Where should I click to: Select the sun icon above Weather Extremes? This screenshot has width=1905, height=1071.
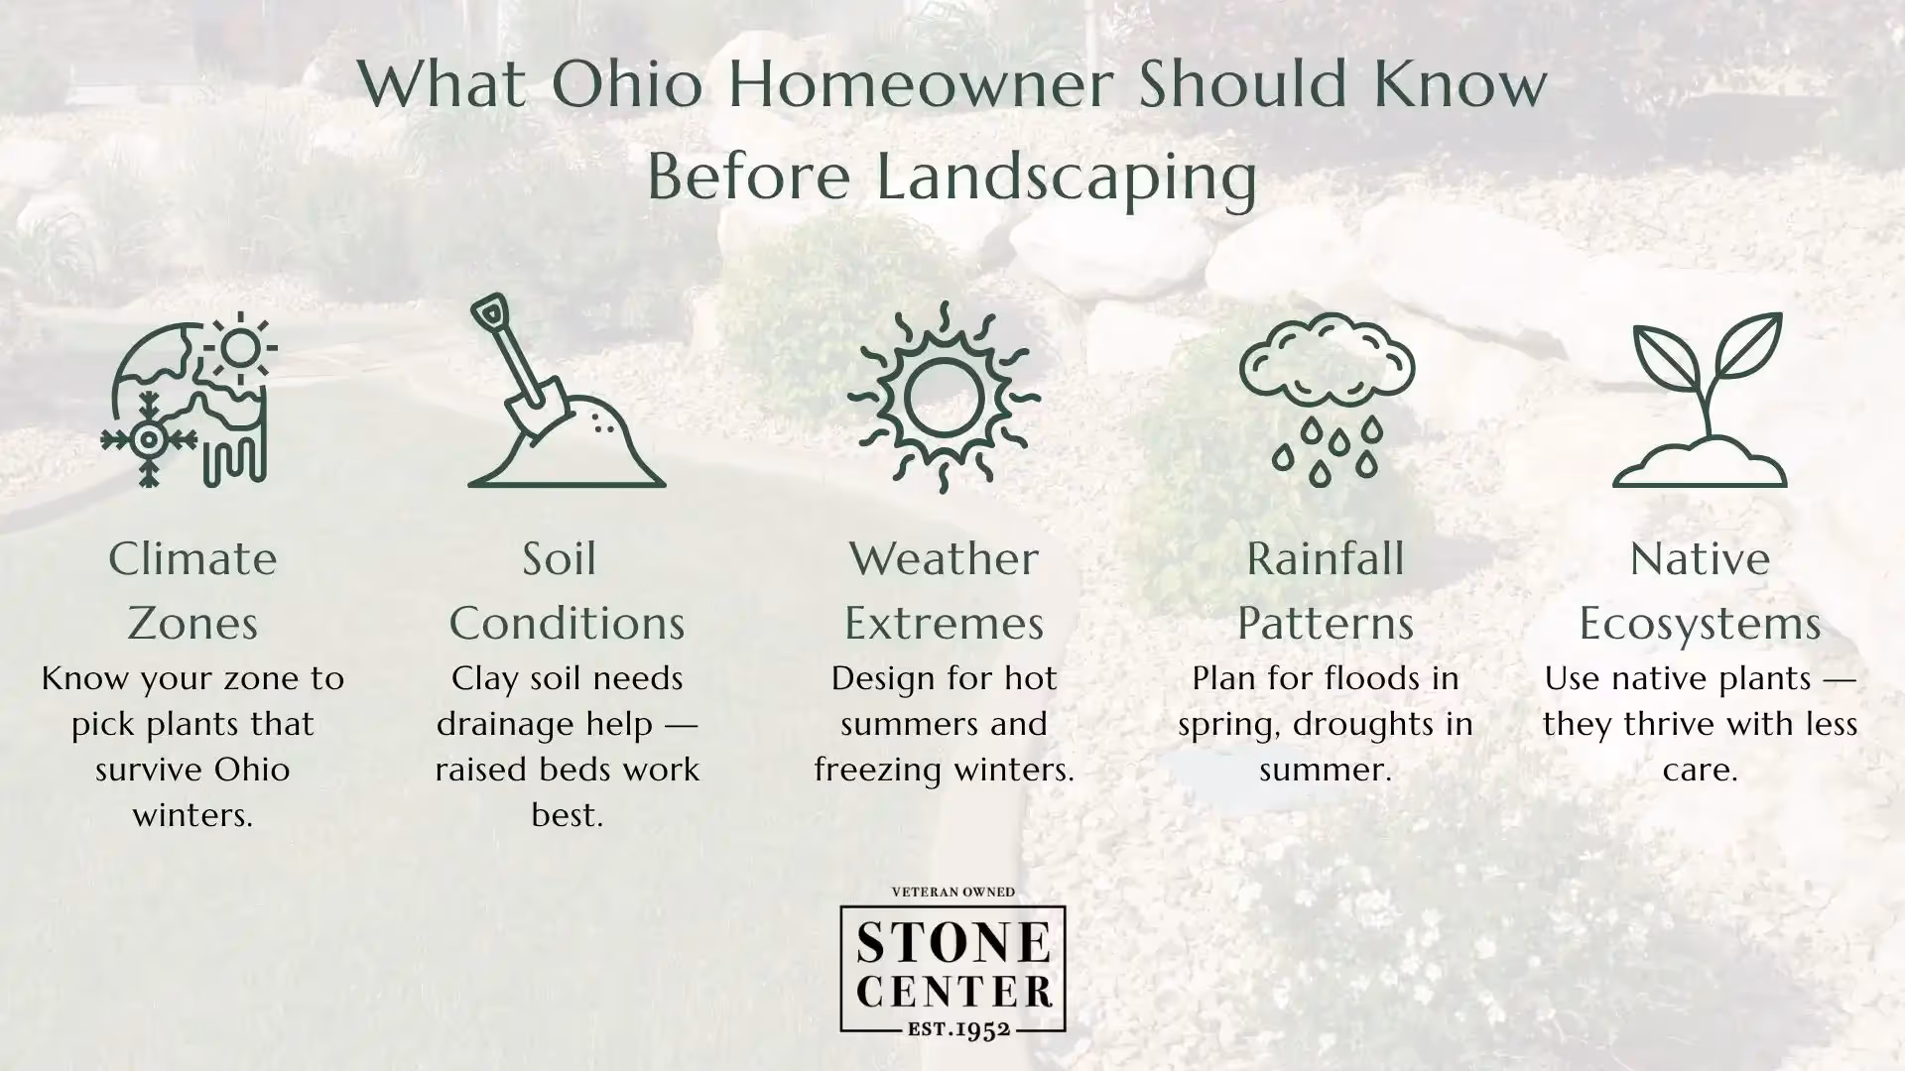pyautogui.click(x=943, y=397)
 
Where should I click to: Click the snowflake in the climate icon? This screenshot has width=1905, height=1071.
pyautogui.click(x=149, y=439)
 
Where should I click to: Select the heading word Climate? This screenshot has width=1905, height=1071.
pyautogui.click(x=192, y=559)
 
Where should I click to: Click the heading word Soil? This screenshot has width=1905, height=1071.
pyautogui.click(x=560, y=559)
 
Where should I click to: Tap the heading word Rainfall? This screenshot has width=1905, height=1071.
pyautogui.click(x=1326, y=559)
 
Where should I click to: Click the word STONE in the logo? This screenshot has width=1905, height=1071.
pyautogui.click(x=952, y=941)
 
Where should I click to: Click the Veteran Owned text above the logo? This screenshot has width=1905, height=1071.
pyautogui.click(x=952, y=892)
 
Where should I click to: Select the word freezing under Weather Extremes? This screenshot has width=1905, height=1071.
pyautogui.click(x=873, y=771)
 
